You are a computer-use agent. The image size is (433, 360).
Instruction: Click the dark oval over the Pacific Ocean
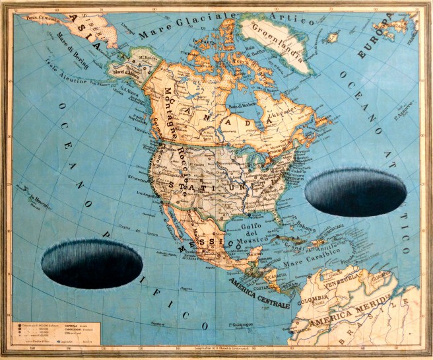(x=92, y=264)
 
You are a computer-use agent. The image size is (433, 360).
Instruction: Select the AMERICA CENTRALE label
(x=259, y=295)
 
